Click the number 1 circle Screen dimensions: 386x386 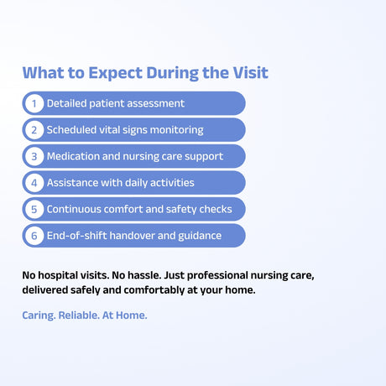pos(34,103)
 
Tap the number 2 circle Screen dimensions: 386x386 pos(34,130)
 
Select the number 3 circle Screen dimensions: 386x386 pos(34,156)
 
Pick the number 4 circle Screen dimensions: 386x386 pos(34,183)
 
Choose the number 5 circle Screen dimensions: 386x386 pos(34,209)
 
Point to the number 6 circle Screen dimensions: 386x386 pos(34,236)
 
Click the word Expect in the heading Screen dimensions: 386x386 pos(115,74)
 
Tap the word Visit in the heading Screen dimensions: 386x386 pos(251,73)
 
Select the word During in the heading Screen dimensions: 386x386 pos(172,74)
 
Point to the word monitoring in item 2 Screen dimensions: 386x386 pos(177,130)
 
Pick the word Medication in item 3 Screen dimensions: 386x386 pos(73,156)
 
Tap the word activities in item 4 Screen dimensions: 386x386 pos(172,183)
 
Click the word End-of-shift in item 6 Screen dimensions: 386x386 pos(76,236)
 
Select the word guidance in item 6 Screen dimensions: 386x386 pos(200,236)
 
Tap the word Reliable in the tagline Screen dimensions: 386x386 pos(79,316)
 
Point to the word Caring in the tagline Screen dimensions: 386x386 pos(39,316)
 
